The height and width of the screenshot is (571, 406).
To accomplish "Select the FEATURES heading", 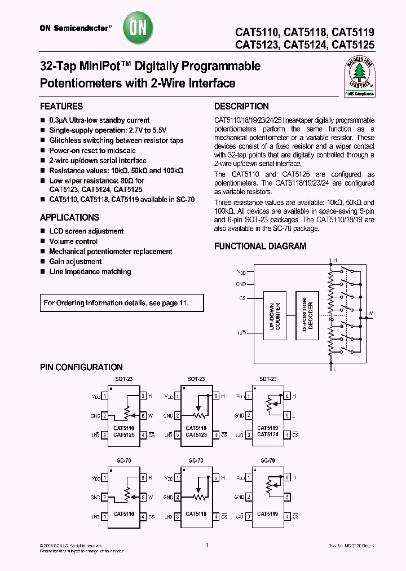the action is click(61, 106).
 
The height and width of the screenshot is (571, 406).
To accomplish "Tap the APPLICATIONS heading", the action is click(69, 217).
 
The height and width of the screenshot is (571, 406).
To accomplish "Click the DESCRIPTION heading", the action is click(241, 106).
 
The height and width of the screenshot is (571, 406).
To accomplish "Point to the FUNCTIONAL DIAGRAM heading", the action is click(260, 246).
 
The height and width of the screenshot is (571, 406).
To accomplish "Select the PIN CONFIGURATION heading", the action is click(81, 367).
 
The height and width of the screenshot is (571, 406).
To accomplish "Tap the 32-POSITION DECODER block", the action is click(307, 317).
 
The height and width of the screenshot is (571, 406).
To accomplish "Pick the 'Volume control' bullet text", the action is click(73, 241).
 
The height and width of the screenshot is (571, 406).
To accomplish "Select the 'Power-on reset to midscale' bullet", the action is click(93, 151).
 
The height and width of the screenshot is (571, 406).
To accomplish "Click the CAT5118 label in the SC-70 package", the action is click(195, 514).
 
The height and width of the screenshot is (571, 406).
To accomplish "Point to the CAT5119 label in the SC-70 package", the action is click(267, 514).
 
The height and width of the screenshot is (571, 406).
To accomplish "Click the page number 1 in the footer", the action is click(207, 546).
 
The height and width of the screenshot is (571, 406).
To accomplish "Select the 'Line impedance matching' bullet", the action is click(90, 272).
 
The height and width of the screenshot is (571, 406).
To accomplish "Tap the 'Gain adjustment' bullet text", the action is click(75, 262).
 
